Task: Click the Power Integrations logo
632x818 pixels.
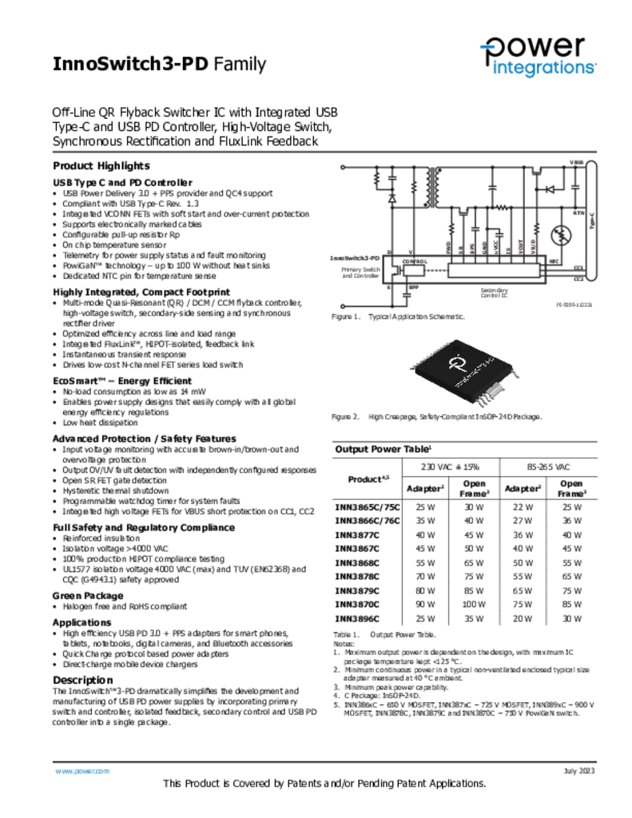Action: tap(537, 57)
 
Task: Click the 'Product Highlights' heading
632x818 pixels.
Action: tap(101, 166)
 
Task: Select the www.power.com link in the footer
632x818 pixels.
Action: tap(81, 771)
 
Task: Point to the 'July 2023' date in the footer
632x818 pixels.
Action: tap(579, 771)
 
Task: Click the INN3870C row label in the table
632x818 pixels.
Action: tap(357, 604)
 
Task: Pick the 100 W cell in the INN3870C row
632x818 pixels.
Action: tap(475, 604)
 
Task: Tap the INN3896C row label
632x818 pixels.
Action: tap(357, 617)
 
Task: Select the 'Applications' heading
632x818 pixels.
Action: tap(81, 622)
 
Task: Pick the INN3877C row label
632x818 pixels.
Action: tap(357, 534)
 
